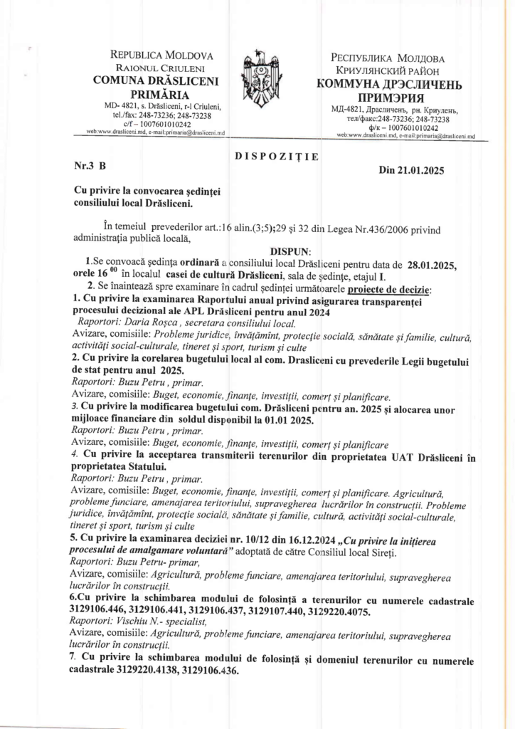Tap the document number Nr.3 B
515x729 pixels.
click(90, 164)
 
